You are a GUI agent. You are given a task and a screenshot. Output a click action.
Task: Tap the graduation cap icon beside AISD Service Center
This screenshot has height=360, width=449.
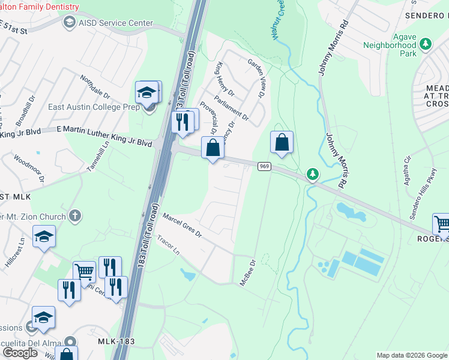coord(69,22)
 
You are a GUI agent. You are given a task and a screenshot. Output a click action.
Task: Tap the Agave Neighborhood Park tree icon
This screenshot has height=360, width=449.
coord(426,44)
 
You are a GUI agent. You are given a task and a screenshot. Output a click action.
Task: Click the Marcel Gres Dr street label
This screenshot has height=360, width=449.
coord(181,225)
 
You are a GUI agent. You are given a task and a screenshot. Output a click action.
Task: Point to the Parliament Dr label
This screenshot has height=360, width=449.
coord(231,106)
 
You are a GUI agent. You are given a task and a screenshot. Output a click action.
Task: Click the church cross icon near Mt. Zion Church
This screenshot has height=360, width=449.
coord(74,215)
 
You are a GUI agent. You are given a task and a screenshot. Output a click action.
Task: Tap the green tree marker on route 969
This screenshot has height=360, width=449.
coord(312,175)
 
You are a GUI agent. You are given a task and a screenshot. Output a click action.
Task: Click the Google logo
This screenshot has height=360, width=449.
coord(20,353)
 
